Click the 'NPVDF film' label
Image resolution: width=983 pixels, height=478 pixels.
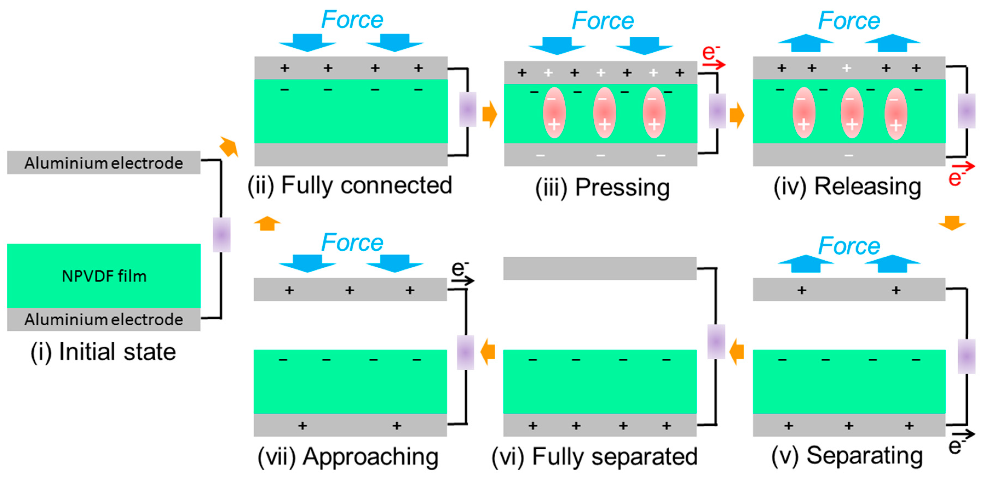coord(104,276)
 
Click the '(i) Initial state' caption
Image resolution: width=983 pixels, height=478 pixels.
coord(103,352)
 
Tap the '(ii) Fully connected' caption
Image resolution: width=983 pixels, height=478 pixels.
coord(349,186)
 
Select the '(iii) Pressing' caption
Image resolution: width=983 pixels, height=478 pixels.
coord(602,187)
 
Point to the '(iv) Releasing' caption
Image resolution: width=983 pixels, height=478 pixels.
coord(847,187)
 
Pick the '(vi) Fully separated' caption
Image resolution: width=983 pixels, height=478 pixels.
coord(594,457)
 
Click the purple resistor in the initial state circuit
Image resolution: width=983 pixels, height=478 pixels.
coord(221,235)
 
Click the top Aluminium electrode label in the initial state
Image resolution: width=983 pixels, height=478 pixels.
coord(104,163)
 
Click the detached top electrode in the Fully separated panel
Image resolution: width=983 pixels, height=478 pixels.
coord(600,269)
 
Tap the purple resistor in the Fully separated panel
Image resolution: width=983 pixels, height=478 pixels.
coord(716,341)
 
